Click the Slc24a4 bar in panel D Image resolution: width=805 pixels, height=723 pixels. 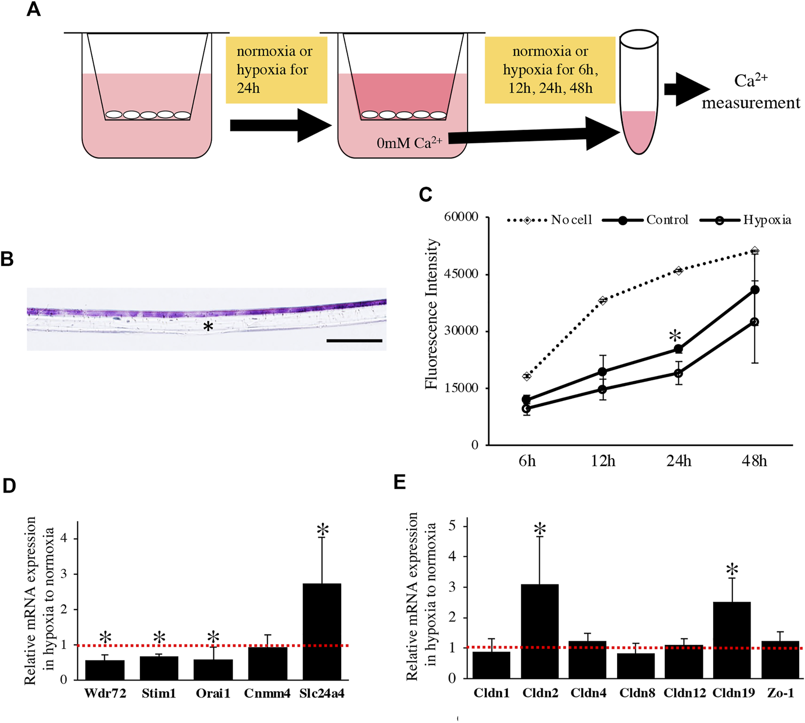coord(322,631)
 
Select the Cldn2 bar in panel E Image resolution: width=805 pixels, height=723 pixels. coord(540,631)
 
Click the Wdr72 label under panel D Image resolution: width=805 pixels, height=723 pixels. coord(105,694)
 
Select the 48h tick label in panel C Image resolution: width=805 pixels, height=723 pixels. coord(754,461)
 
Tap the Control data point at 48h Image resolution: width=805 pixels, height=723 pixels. coord(755,290)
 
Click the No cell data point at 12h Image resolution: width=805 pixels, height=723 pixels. coord(603,301)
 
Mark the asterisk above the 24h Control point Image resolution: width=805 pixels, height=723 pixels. coord(675,337)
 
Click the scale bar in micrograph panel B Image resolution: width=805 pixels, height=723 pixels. coord(354,340)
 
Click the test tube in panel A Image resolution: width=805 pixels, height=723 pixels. coord(639,93)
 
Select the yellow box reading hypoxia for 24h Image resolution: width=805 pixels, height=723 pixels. coord(276,70)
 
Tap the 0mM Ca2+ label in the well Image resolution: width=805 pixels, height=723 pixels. coord(409,143)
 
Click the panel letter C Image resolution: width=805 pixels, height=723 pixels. coord(425,195)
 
